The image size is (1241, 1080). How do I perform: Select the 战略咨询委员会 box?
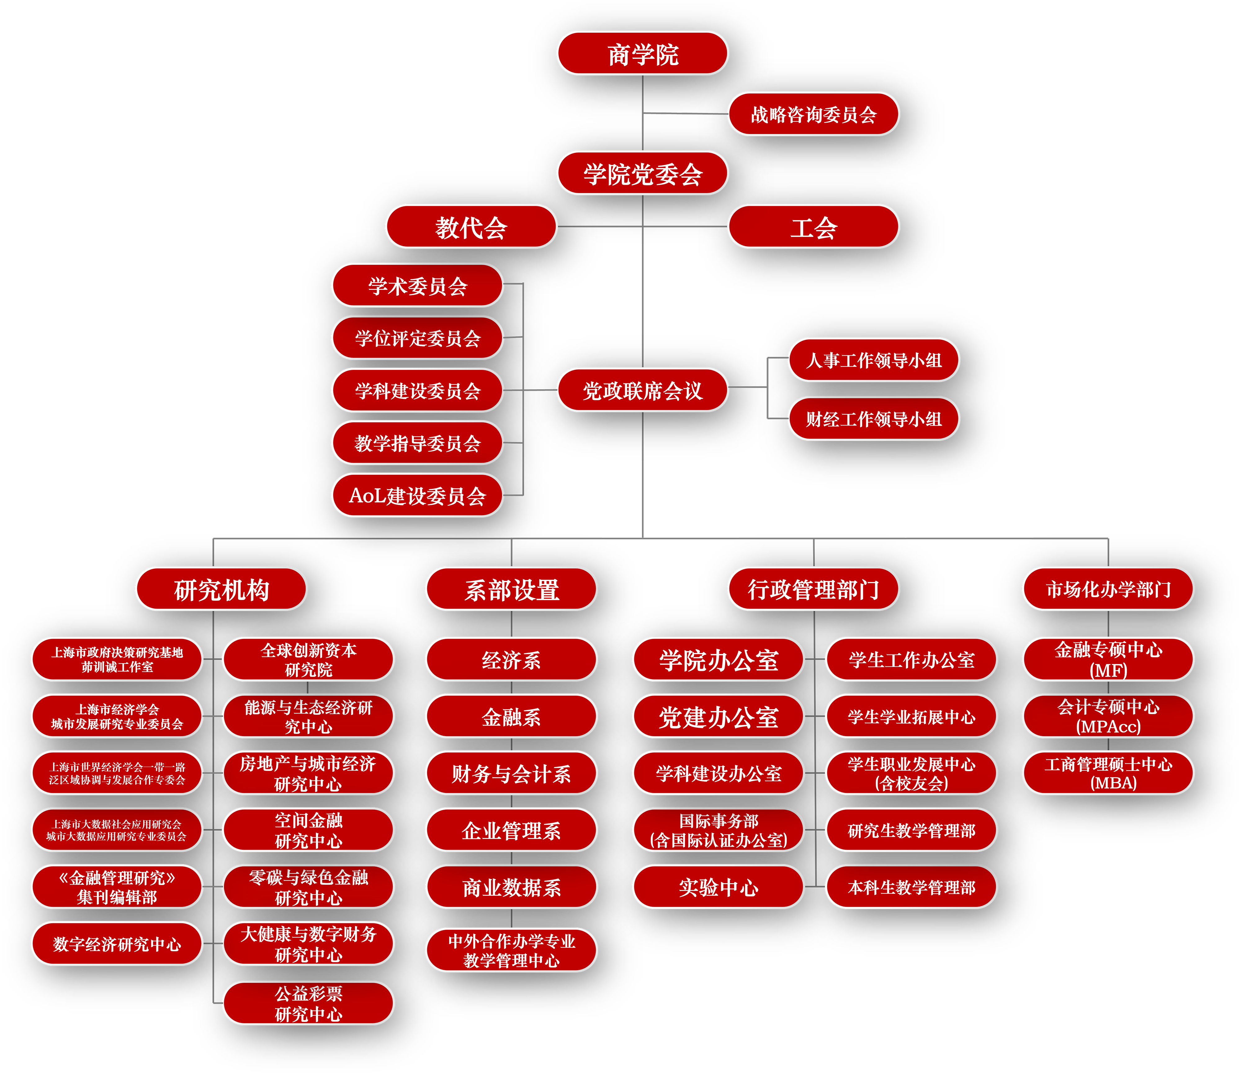click(x=813, y=114)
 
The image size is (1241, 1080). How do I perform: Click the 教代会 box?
click(x=471, y=227)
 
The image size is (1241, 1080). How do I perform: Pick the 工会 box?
click(x=813, y=227)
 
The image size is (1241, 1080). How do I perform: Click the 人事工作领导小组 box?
click(x=874, y=360)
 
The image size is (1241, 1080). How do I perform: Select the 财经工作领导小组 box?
click(x=874, y=418)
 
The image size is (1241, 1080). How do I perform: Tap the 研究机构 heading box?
click(x=221, y=589)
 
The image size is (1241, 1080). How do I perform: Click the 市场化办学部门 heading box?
click(x=1108, y=589)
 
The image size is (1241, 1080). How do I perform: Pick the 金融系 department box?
click(x=511, y=716)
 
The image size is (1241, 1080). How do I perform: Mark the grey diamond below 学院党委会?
click(x=644, y=289)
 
